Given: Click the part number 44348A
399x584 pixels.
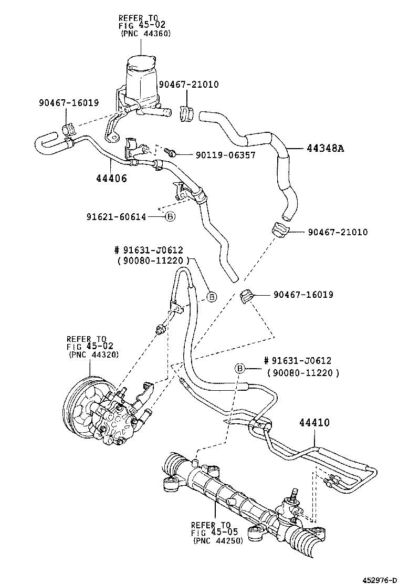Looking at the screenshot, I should tap(325, 149).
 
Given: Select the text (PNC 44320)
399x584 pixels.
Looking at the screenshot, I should tap(93, 354).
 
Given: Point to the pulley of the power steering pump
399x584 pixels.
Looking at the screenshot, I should tap(79, 405).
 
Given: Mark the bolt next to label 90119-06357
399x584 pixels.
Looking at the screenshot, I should tap(170, 152).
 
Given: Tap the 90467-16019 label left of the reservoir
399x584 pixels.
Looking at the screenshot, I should tap(68, 103).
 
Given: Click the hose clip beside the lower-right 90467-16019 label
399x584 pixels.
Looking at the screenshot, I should tap(246, 296).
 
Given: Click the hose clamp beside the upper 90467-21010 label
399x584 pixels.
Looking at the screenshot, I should tap(185, 114).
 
